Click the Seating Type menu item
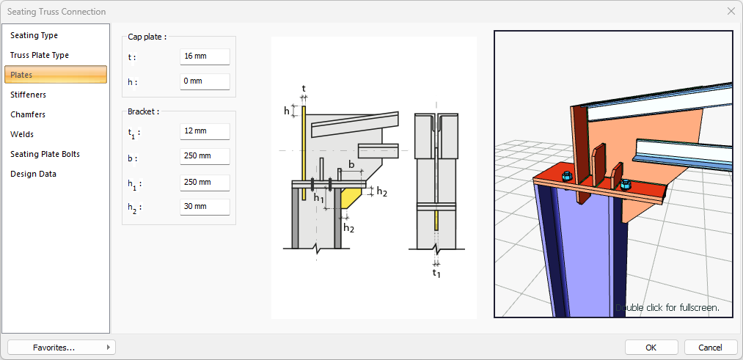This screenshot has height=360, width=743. pos(34,35)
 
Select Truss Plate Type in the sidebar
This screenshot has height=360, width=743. pos(40,55)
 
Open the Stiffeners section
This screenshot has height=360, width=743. pos(29,95)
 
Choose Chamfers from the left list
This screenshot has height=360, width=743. pos(28,114)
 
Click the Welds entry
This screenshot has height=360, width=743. pos(22,134)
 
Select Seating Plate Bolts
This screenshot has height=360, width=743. pos(45,154)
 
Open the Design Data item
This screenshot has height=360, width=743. pos(33,174)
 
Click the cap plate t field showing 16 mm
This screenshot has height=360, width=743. pos(205,56)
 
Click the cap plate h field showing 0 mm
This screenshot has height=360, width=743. pos(205,81)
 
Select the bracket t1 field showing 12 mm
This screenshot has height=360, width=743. pos(205,131)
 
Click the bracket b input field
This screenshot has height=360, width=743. pos(205,157)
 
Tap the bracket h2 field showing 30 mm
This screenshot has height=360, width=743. pos(205,207)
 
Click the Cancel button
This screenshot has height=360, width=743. pos(710,347)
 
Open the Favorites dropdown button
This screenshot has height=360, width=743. pos(62,347)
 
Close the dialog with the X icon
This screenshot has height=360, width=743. pos(731,12)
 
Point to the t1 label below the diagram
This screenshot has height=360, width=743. pos(436,273)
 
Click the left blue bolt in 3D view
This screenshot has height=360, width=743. pos(566,177)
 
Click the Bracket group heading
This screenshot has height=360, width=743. pos(143,111)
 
